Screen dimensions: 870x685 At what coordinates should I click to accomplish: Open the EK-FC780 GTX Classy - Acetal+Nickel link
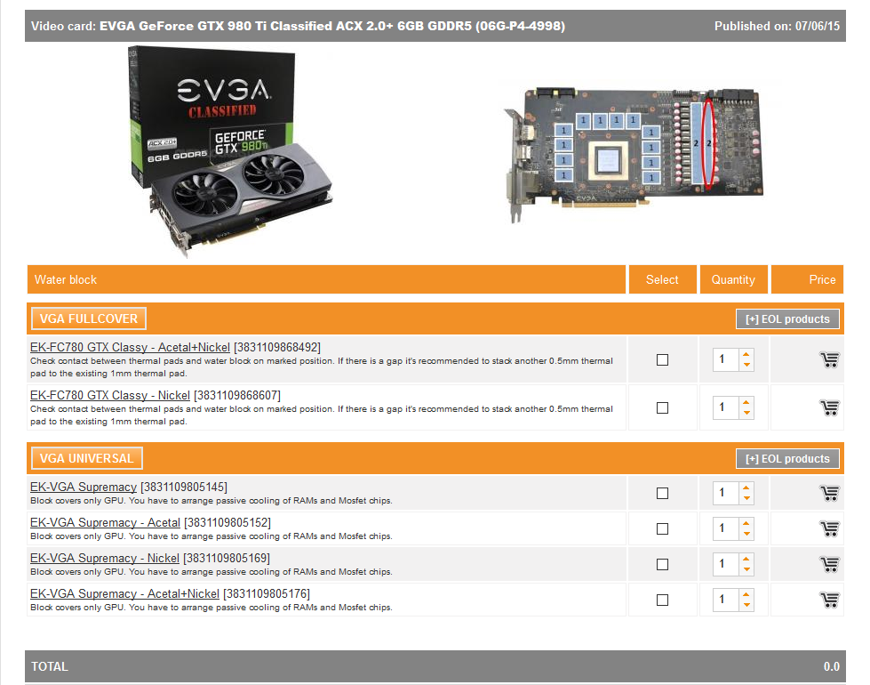click(130, 347)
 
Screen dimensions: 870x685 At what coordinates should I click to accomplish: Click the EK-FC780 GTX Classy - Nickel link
click(110, 395)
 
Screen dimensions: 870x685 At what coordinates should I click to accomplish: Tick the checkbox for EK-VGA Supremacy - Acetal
click(662, 529)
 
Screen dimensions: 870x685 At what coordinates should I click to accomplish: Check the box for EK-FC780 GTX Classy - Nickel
click(662, 407)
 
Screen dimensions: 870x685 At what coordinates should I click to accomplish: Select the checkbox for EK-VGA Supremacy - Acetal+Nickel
click(662, 600)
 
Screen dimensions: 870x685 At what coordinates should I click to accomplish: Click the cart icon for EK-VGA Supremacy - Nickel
click(829, 564)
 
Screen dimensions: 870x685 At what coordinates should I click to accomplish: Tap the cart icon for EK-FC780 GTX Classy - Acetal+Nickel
click(829, 360)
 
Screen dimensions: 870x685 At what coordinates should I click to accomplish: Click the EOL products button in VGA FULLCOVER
click(787, 318)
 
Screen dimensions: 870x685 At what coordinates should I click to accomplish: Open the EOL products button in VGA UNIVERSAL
click(787, 459)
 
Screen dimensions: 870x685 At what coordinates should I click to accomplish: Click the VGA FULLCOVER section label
click(89, 318)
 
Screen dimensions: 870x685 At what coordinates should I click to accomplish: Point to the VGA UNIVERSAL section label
click(87, 458)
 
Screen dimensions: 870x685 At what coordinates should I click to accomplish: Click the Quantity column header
click(733, 279)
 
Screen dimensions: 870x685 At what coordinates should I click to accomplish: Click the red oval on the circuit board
click(703, 144)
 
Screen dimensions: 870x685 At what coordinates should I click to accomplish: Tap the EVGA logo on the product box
click(224, 90)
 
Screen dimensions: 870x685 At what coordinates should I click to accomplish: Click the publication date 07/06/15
click(818, 26)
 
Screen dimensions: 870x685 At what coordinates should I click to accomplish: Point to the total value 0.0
click(831, 666)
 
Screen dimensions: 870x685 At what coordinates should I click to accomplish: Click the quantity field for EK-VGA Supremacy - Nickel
click(726, 564)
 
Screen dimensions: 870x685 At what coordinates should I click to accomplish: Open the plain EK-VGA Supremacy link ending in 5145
click(84, 488)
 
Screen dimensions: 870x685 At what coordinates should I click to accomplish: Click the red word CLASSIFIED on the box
click(222, 110)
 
